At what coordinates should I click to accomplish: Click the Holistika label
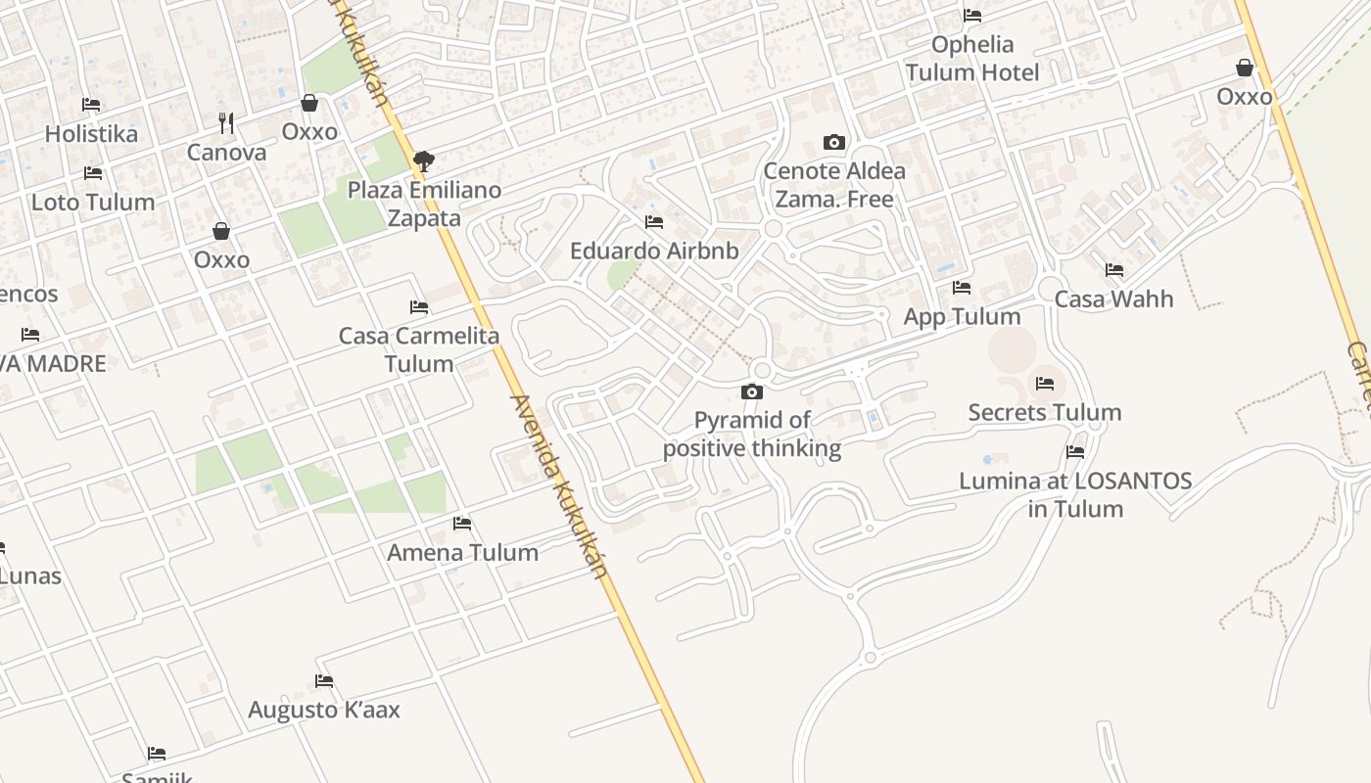(x=91, y=133)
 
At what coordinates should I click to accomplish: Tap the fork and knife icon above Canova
(x=226, y=122)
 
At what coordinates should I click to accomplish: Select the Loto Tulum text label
(x=93, y=202)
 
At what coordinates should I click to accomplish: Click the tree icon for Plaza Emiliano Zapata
(x=424, y=161)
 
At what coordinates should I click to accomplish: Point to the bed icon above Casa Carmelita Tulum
(x=419, y=307)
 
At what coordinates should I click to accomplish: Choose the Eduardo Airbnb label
(x=654, y=251)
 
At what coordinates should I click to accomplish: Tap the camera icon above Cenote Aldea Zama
(x=834, y=143)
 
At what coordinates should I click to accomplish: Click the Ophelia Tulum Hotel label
(x=972, y=58)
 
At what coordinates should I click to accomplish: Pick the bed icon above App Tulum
(x=962, y=288)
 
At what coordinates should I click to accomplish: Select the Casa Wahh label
(x=1113, y=299)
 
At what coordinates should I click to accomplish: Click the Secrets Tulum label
(x=1045, y=412)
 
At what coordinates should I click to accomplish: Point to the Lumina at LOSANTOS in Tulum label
(x=1075, y=494)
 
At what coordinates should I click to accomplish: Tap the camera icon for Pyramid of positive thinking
(x=752, y=392)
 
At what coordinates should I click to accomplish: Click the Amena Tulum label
(x=462, y=552)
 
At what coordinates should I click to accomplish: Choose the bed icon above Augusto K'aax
(x=324, y=681)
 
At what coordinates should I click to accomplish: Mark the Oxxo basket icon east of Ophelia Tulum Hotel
(x=1245, y=68)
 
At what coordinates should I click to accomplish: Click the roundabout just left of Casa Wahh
(x=1051, y=288)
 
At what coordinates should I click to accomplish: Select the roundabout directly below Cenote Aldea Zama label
(x=773, y=229)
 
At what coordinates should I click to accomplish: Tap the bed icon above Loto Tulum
(x=93, y=173)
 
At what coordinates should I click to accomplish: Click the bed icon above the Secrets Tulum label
(x=1045, y=384)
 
